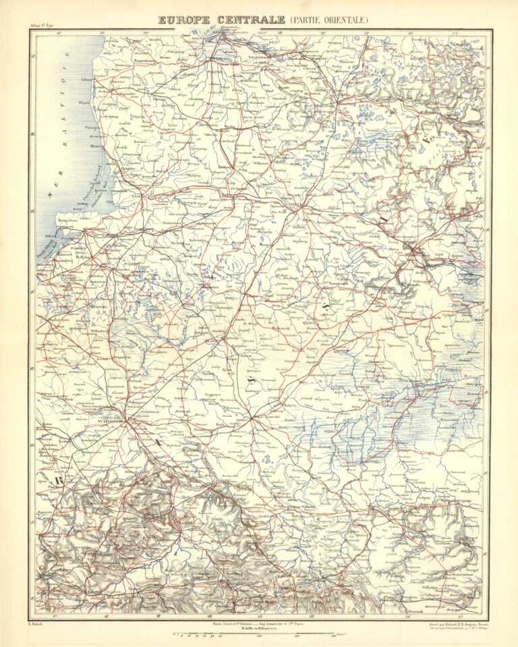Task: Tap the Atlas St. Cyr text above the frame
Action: tap(41, 26)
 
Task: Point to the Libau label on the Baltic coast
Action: tap(86, 79)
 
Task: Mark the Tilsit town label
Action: tap(137, 196)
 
